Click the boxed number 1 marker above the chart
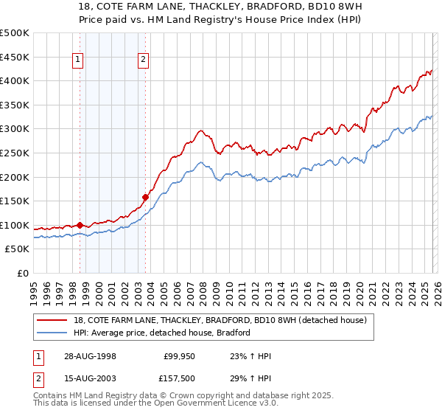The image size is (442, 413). click(x=78, y=61)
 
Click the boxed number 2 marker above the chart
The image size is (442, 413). click(x=143, y=61)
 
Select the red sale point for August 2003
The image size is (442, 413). click(x=145, y=197)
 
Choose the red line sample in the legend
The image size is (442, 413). click(x=53, y=320)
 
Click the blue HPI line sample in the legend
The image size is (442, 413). click(x=53, y=333)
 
